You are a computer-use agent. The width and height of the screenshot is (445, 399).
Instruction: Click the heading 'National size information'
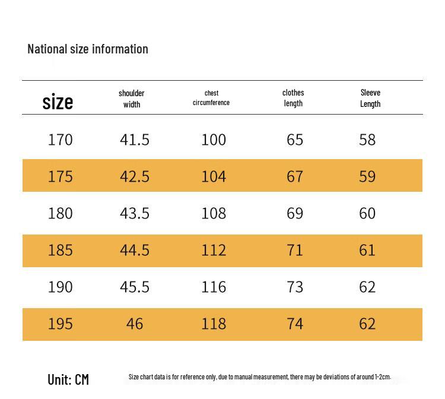pyautogui.click(x=88, y=49)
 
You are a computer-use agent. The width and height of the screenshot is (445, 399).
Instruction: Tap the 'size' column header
pyautogui.click(x=58, y=102)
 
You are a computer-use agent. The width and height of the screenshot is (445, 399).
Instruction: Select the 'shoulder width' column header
pyautogui.click(x=131, y=99)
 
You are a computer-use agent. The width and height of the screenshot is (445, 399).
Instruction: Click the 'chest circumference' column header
pyautogui.click(x=211, y=98)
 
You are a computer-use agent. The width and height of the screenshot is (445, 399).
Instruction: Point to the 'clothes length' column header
pyautogui.click(x=293, y=98)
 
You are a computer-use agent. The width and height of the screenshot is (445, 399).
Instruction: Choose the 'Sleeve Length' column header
pyautogui.click(x=370, y=98)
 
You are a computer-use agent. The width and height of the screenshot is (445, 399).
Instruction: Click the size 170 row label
pyautogui.click(x=60, y=140)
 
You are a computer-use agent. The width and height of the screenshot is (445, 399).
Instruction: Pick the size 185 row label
pyautogui.click(x=60, y=250)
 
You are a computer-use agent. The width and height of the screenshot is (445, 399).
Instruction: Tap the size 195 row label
pyautogui.click(x=60, y=324)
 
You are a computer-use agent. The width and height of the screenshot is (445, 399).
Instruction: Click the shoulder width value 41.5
pyautogui.click(x=135, y=140)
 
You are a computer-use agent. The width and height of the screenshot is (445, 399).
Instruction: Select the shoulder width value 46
pyautogui.click(x=135, y=324)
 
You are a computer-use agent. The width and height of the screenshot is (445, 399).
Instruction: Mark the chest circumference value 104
pyautogui.click(x=214, y=176)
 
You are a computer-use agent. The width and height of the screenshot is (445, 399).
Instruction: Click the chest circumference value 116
pyautogui.click(x=214, y=287)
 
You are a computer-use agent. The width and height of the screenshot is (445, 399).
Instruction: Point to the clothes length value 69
pyautogui.click(x=295, y=213)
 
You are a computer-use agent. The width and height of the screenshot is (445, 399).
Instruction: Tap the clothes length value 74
pyautogui.click(x=295, y=324)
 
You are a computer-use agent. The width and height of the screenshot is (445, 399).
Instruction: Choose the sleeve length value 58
pyautogui.click(x=367, y=140)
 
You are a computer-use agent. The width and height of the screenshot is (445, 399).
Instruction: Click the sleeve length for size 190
pyautogui.click(x=367, y=287)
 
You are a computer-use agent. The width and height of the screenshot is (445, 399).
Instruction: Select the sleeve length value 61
pyautogui.click(x=367, y=250)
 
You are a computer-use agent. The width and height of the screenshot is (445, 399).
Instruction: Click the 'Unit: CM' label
pyautogui.click(x=68, y=379)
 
